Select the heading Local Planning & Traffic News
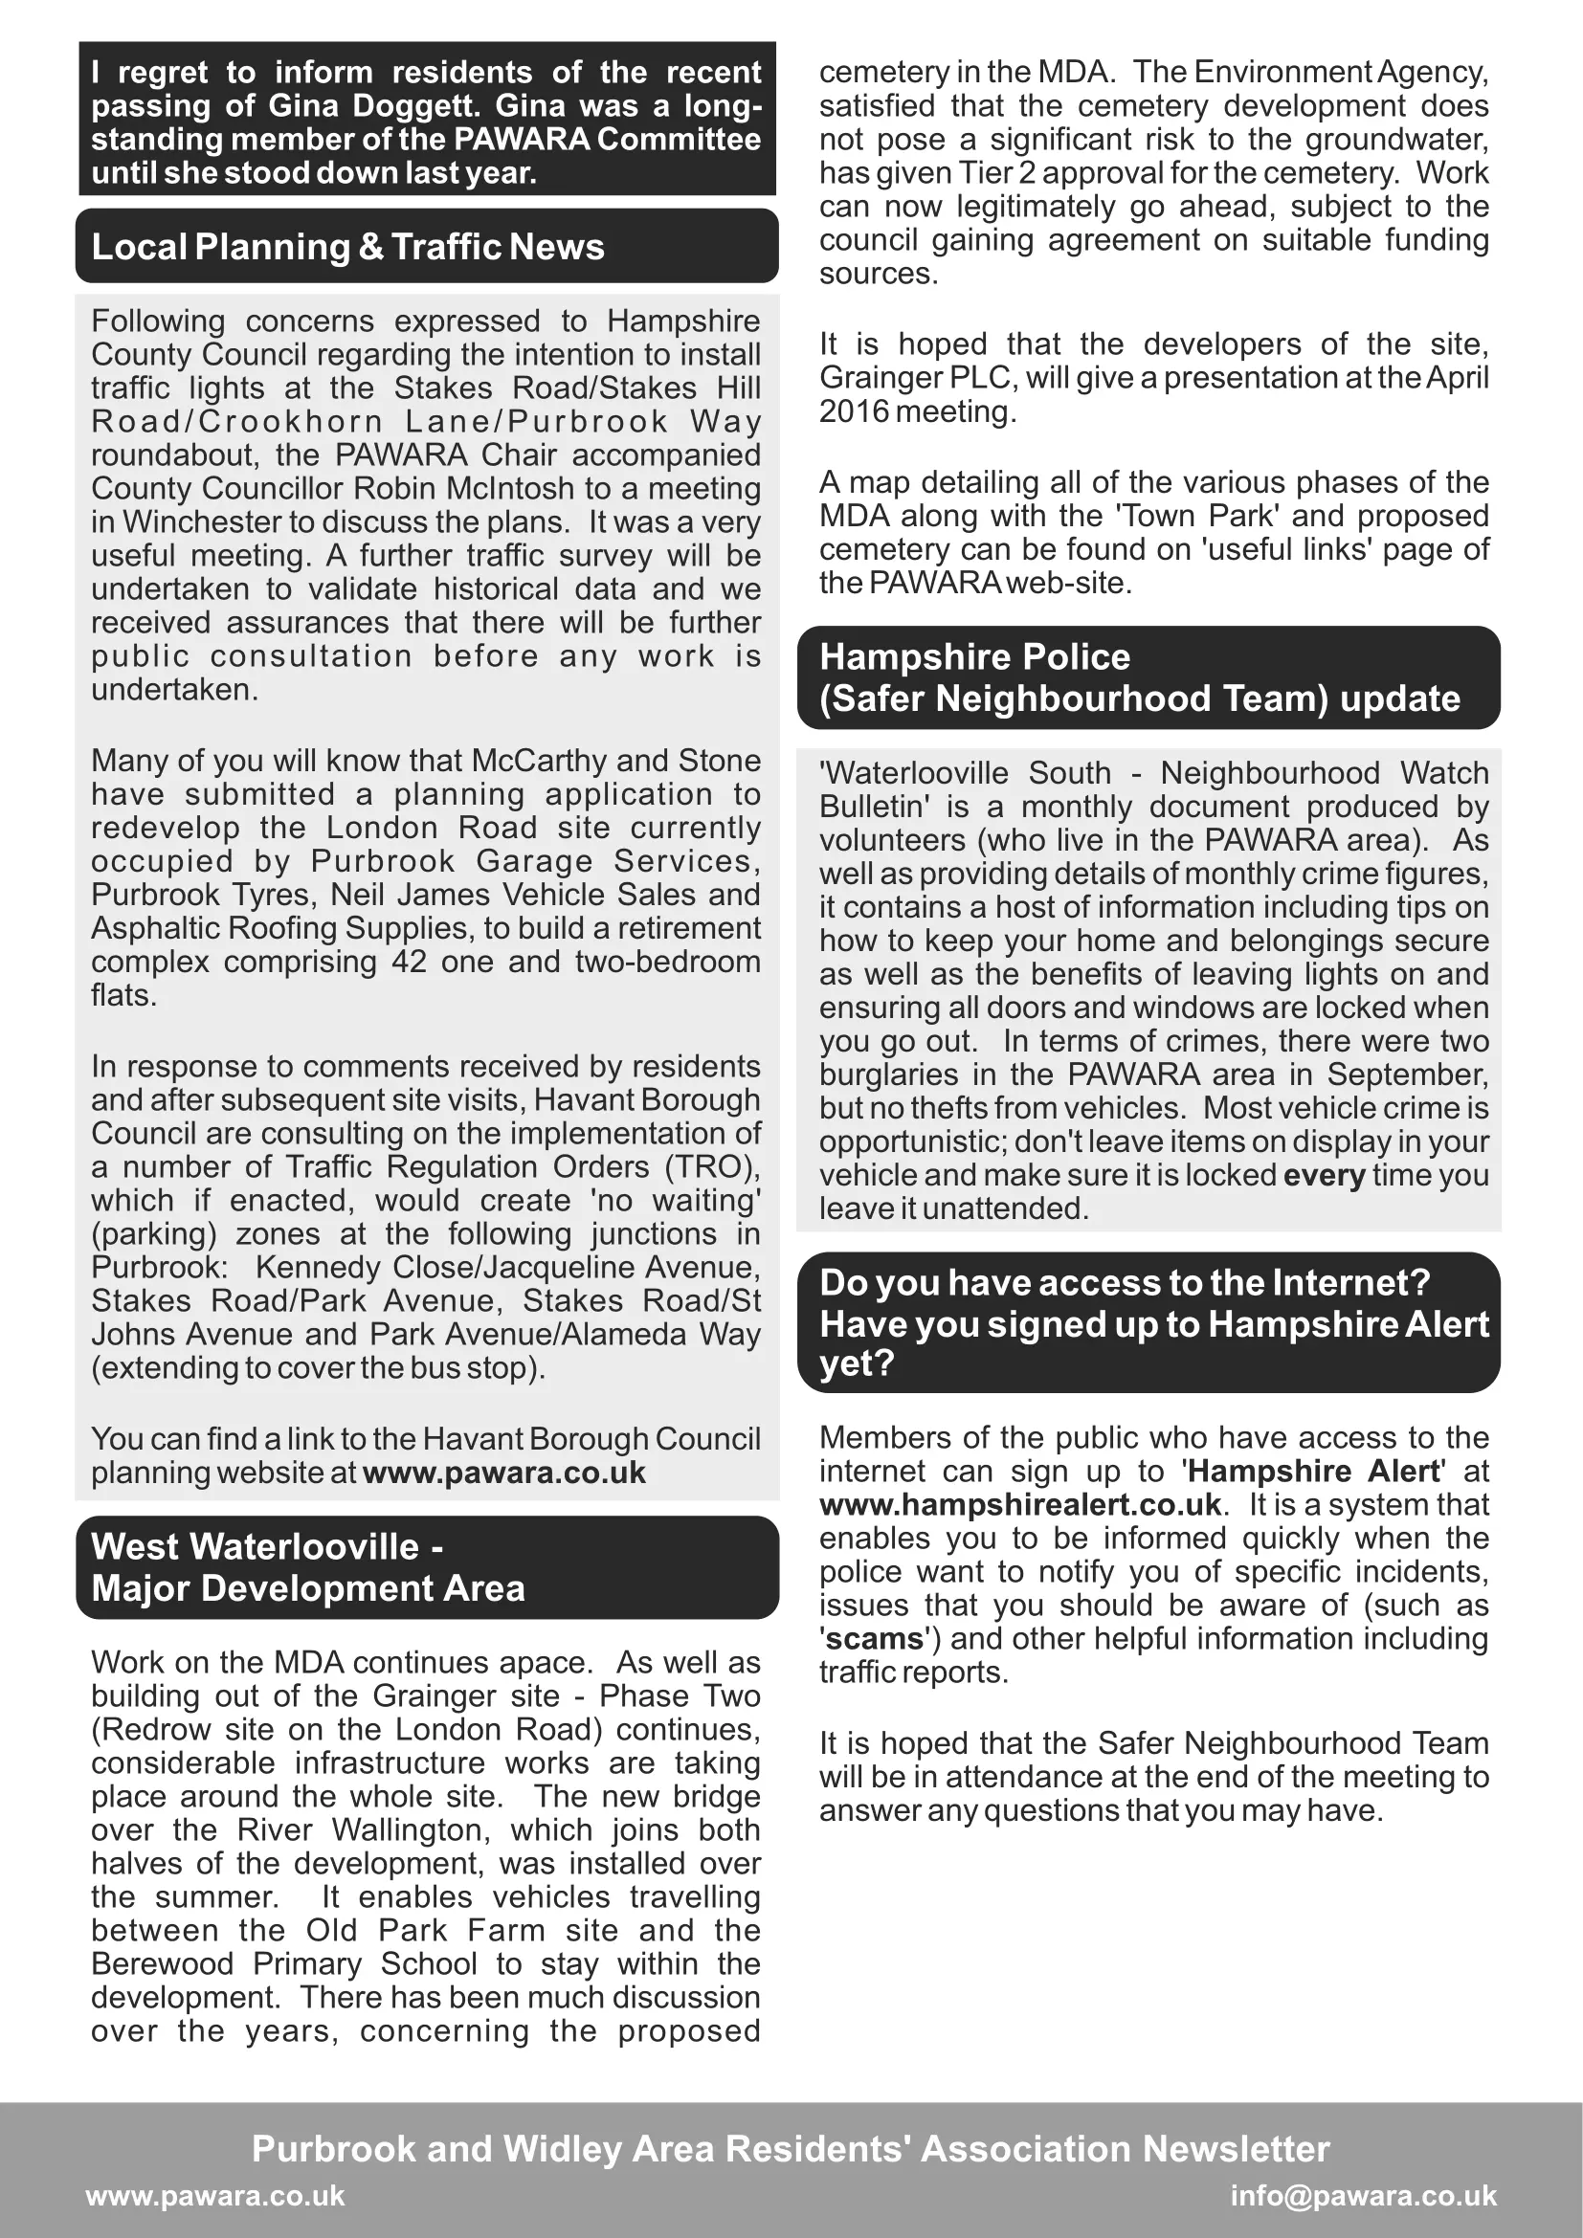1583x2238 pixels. point(348,247)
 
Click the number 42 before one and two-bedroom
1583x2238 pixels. point(410,962)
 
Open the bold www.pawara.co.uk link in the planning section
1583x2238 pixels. point(504,1473)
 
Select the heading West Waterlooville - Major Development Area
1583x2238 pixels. point(308,1567)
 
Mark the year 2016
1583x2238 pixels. point(854,411)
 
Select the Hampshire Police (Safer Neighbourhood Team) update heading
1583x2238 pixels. point(1140,677)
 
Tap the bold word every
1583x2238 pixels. point(1324,1175)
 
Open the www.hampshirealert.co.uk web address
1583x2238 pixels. point(1019,1504)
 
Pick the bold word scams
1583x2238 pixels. point(875,1638)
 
